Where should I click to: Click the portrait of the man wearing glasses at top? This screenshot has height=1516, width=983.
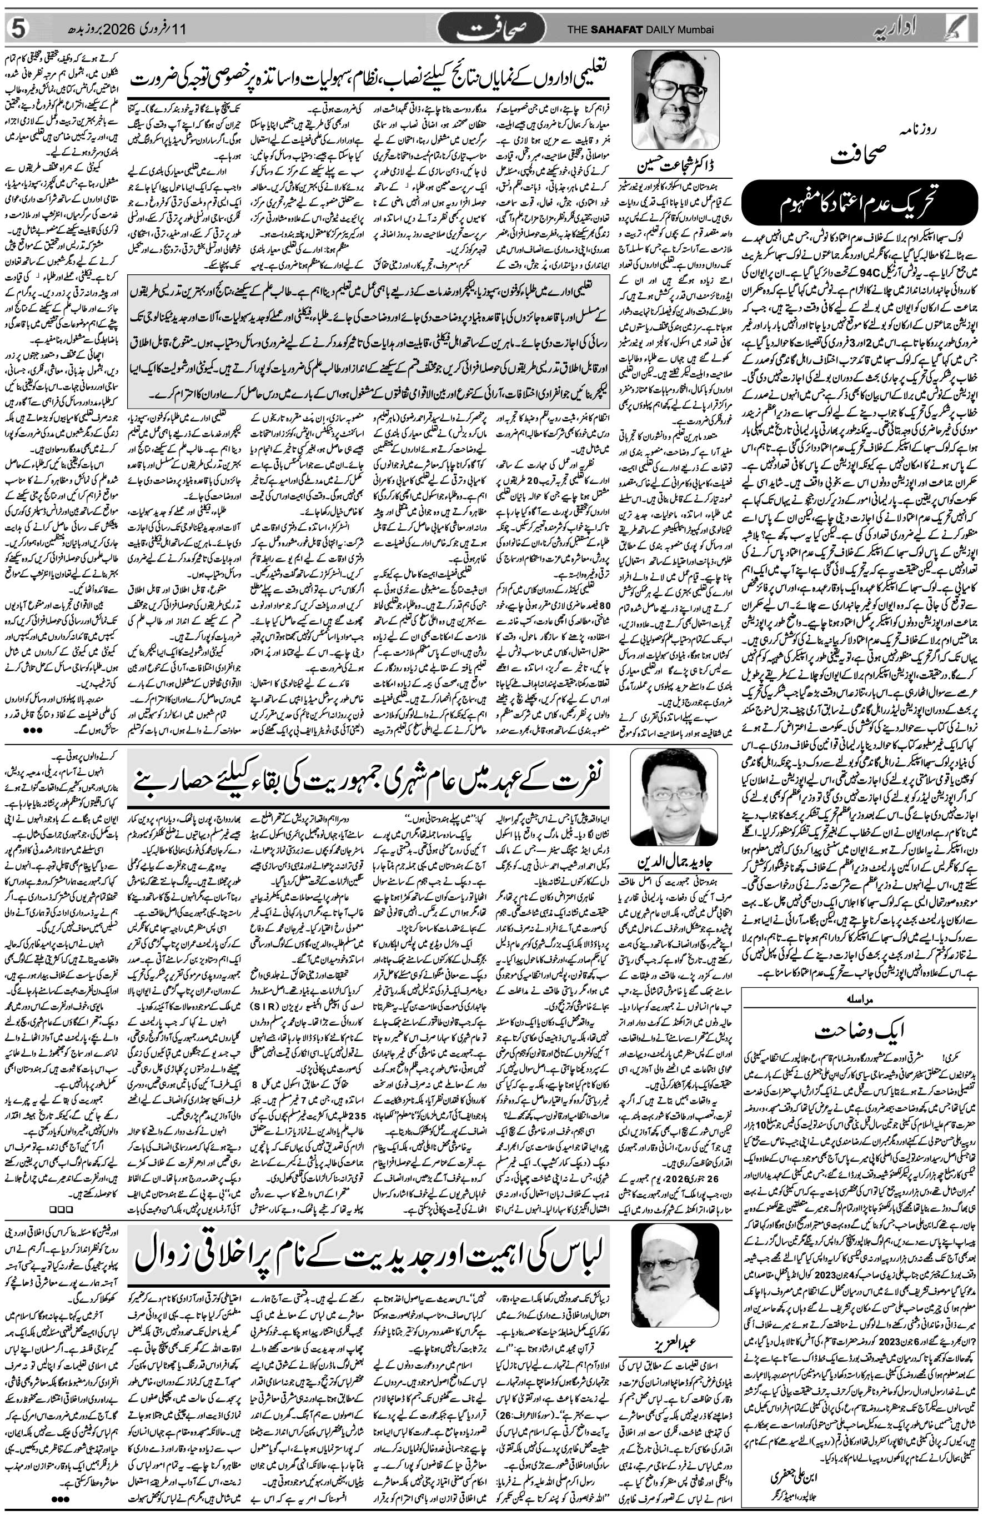(x=676, y=98)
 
